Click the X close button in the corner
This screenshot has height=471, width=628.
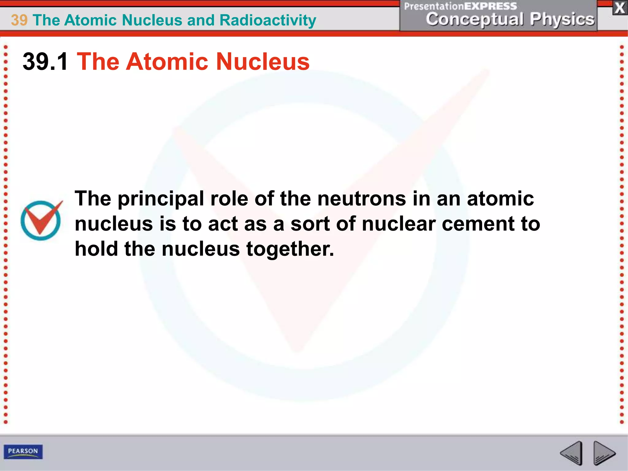pos(620,8)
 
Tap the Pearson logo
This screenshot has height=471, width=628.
pos(23,451)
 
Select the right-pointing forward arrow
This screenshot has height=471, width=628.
pos(604,453)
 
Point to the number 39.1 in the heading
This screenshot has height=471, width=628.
pos(45,62)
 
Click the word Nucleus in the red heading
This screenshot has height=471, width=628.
pos(263,62)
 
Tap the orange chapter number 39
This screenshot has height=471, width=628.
pos(19,20)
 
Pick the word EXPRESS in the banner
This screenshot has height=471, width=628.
pos(490,6)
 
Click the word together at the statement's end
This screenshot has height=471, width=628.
pos(290,249)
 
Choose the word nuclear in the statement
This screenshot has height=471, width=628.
pos(399,224)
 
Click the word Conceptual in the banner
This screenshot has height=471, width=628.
pos(475,19)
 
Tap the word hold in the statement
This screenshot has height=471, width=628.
pos(96,249)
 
